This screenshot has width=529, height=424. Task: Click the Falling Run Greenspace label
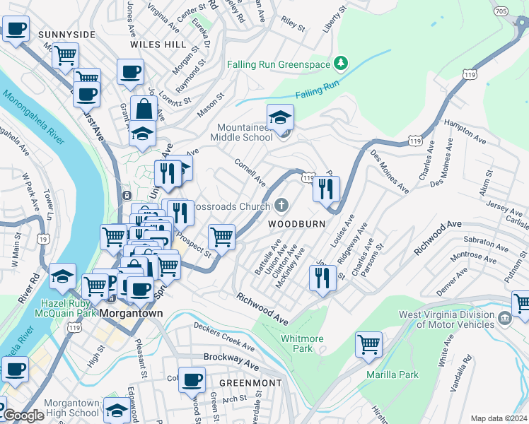(x=279, y=64)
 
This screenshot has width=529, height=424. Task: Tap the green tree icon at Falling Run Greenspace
(x=341, y=64)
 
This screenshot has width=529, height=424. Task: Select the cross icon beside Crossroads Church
(x=281, y=206)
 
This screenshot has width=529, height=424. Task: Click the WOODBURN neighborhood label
(x=296, y=223)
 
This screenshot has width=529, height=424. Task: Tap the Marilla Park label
(x=392, y=375)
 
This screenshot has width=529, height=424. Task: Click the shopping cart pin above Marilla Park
(x=368, y=344)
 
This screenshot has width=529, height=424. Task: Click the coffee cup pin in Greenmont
(x=191, y=380)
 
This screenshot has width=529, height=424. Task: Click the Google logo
(x=23, y=416)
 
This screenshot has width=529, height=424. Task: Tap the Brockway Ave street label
(x=231, y=361)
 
